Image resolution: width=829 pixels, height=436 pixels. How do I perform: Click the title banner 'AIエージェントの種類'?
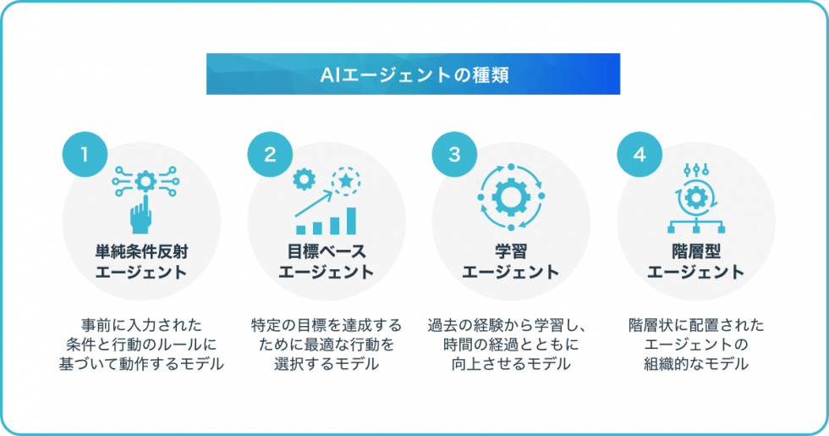pos(414,75)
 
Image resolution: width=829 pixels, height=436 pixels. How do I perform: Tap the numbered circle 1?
pos(85,154)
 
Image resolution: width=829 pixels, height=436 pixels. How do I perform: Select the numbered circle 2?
pos(270,154)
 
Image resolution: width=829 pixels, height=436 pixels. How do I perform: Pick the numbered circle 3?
pos(454,154)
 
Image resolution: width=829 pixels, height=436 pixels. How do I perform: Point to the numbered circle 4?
pos(640,154)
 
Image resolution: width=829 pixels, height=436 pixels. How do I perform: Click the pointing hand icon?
pos(141,214)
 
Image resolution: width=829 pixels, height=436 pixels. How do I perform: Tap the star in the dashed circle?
pos(347,179)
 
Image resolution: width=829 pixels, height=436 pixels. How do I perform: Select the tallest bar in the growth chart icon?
pos(350,220)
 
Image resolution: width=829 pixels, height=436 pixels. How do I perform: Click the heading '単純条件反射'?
pos(141,251)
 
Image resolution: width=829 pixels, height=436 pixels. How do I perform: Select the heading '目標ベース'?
pos(326,251)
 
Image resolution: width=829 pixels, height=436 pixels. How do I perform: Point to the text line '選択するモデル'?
pos(326,364)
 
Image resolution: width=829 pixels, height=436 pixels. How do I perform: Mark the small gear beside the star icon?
pos(304,179)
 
